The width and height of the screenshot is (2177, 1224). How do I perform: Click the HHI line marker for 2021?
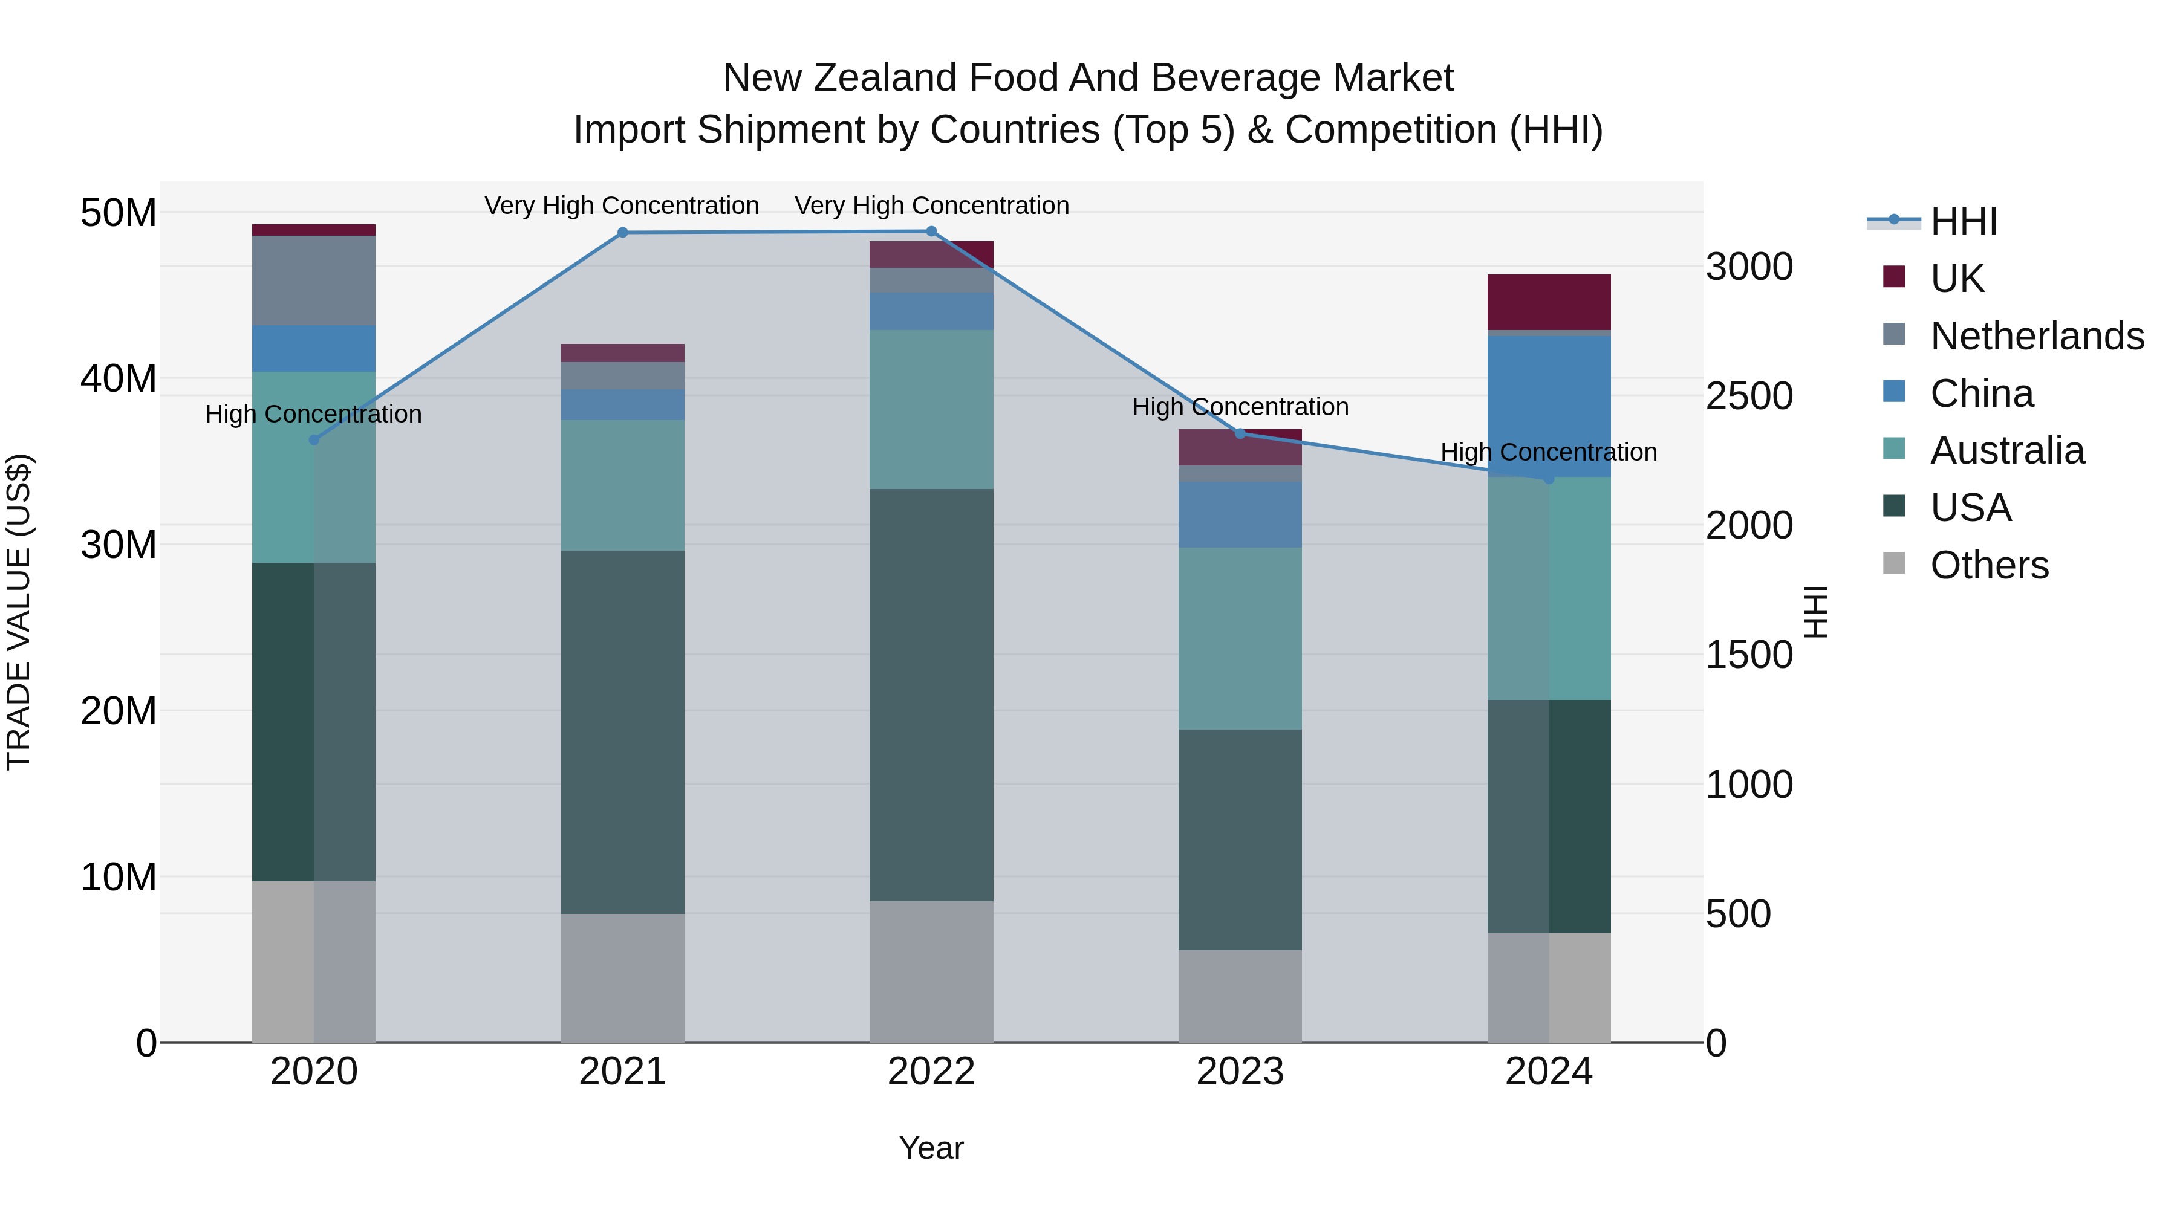(623, 232)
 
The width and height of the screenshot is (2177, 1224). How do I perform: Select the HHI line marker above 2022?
(931, 232)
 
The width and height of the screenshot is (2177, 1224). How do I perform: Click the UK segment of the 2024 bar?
(1549, 302)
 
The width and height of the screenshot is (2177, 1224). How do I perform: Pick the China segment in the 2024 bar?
(1549, 406)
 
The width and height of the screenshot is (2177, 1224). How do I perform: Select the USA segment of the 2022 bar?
(931, 695)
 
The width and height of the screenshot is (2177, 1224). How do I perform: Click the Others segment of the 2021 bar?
(623, 977)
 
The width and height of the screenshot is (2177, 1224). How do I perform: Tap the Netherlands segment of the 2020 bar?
(313, 280)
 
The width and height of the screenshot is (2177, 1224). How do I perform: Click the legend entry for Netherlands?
(2037, 336)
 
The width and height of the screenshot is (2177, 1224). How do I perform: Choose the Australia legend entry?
(2007, 450)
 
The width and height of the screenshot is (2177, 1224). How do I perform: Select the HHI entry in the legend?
(1963, 221)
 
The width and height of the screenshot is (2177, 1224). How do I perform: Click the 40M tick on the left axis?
(119, 378)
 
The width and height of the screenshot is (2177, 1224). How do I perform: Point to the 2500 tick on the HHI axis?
(1748, 396)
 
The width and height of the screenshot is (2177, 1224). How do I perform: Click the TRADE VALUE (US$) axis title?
(19, 612)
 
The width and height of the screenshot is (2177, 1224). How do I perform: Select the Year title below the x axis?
(931, 1148)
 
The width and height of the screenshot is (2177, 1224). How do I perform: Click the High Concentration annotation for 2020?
(313, 414)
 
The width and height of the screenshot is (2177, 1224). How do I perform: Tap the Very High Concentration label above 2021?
(622, 206)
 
